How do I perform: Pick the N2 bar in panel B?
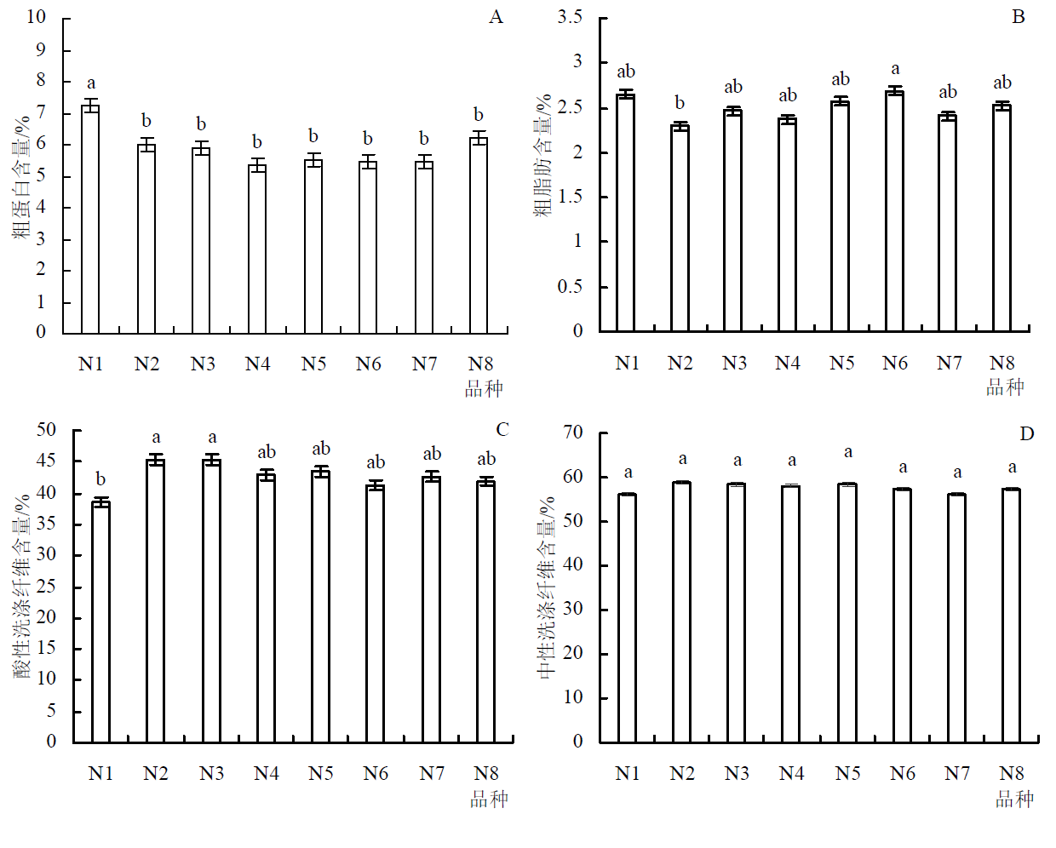point(680,229)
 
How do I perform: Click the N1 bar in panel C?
point(100,622)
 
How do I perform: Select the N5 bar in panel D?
point(847,613)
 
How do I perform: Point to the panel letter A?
point(496,17)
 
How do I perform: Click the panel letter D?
point(1027,434)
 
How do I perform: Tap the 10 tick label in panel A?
point(37,17)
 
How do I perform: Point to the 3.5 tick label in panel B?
point(570,17)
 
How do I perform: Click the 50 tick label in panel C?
point(46,430)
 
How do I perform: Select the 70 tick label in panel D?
point(573,433)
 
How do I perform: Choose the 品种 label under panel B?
point(1005,387)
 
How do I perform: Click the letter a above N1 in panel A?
point(91,83)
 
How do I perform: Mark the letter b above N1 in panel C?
point(100,479)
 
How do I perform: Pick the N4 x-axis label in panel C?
point(267,773)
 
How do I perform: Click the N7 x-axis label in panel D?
point(957,773)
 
